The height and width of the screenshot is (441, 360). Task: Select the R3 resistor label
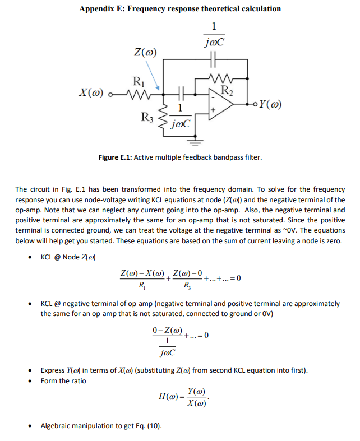pos(147,118)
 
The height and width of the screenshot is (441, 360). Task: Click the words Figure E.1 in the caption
pos(115,157)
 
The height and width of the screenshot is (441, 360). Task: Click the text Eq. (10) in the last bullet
pos(149,426)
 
